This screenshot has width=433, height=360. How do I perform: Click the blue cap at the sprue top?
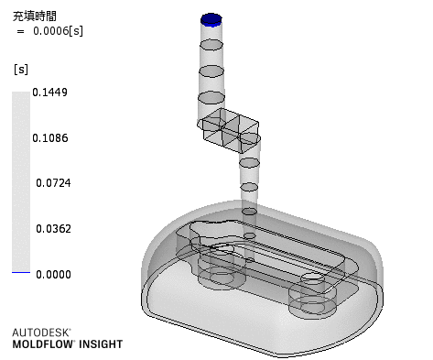211,20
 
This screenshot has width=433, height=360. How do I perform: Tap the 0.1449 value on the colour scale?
49,93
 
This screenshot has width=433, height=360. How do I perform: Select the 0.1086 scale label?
50,138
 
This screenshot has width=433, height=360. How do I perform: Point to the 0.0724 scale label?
53,183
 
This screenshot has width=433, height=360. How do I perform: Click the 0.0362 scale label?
53,229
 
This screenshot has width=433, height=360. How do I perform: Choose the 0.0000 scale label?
53,275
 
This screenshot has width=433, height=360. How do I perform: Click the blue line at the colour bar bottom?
21,272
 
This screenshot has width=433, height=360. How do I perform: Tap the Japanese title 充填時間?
35,16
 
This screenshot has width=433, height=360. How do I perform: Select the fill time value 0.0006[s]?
58,31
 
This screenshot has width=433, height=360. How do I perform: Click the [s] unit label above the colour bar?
21,70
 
